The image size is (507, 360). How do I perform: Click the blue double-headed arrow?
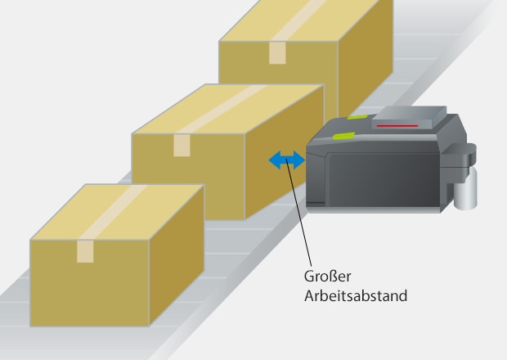point(287,160)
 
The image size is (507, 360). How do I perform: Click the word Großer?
point(328,277)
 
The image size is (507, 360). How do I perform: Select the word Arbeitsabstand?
point(356,296)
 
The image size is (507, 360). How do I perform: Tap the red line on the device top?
point(397,125)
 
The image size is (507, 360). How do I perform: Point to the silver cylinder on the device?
point(465,188)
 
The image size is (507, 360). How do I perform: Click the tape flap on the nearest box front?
point(85,251)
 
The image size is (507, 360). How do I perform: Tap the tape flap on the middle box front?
point(182,146)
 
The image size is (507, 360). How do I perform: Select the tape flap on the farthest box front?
point(277,52)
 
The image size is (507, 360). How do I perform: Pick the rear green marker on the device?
point(357,117)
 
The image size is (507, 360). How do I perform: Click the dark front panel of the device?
point(384,179)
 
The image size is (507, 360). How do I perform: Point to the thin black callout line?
point(299,214)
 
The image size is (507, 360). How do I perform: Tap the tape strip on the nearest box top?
point(114,212)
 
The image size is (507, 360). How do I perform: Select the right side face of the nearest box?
point(177,255)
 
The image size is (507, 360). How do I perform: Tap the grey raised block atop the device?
point(409,118)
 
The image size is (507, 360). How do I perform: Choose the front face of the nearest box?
point(90,283)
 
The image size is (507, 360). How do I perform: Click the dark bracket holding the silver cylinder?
point(460,162)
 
